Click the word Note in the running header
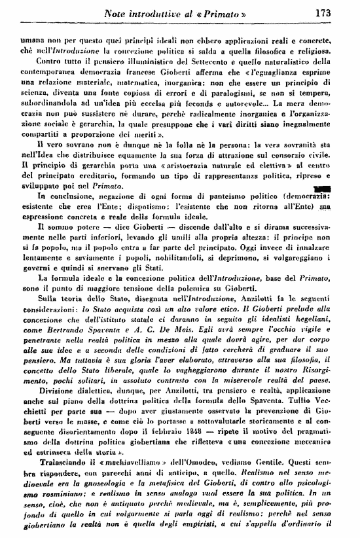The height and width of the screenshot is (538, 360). pos(124,11)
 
